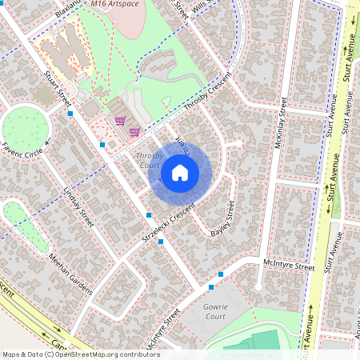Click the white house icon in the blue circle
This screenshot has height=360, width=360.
(180, 172)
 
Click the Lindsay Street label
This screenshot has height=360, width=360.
(78, 206)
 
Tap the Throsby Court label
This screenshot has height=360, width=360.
(149, 160)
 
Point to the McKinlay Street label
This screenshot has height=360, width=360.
(281, 120)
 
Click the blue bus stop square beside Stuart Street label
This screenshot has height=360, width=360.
(71, 114)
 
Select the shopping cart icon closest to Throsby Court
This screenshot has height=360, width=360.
(134, 131)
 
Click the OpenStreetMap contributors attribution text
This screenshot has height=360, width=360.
(80, 354)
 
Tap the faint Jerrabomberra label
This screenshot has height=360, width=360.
(247, 354)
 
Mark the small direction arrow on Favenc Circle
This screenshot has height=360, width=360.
(48, 143)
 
